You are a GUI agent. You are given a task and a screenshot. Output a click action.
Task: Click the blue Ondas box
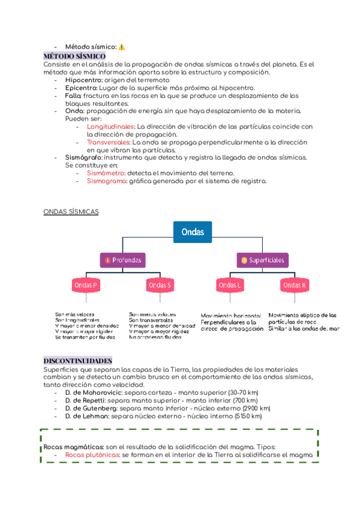point(192,232)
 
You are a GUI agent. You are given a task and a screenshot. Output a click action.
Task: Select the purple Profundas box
point(123,260)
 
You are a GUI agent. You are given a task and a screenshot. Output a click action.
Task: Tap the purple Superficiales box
point(263,260)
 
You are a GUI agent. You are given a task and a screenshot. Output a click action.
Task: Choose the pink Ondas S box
point(160,285)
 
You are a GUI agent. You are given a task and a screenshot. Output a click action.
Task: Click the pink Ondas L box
point(230,285)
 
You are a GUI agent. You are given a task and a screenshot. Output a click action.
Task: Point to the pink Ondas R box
point(295,285)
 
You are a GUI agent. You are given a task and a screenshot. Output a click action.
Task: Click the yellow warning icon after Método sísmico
point(122,47)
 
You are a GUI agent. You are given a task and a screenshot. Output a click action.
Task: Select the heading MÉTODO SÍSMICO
point(74,56)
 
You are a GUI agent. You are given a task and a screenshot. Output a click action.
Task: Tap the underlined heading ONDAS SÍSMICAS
point(71,212)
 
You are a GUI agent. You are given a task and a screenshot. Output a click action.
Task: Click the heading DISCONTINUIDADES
point(78,360)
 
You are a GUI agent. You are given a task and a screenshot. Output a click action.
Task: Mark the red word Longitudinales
point(111,127)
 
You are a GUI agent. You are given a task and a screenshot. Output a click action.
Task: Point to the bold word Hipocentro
point(83,80)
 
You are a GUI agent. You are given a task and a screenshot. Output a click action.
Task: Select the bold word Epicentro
point(81,88)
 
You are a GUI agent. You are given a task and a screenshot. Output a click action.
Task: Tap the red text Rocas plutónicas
point(92,455)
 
